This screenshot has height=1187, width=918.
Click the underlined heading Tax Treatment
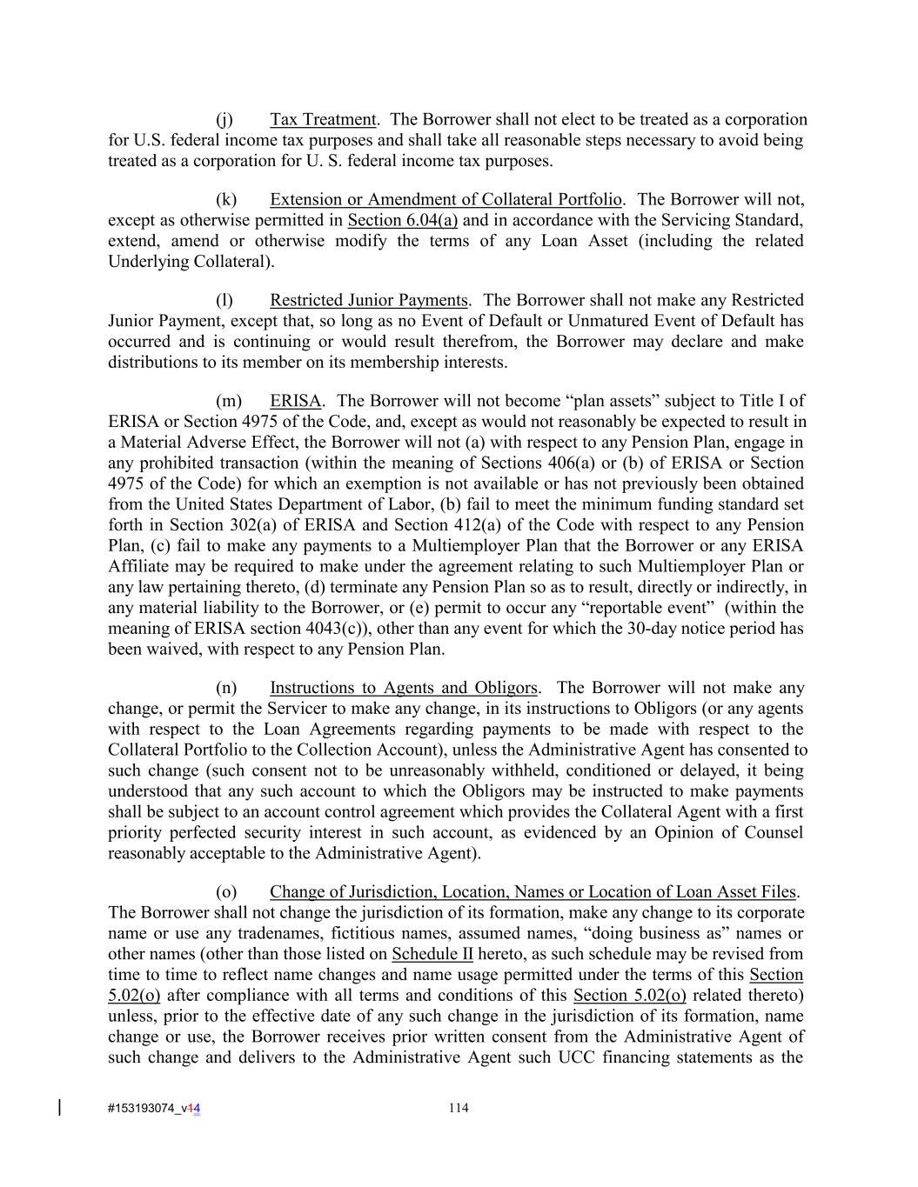[323, 119]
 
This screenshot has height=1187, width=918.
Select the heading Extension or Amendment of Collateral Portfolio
[446, 199]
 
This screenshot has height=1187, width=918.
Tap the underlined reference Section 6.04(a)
[402, 220]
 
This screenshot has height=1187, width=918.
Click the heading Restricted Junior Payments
[369, 300]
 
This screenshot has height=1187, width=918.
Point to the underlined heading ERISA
[295, 401]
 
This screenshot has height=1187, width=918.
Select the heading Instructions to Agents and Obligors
[404, 688]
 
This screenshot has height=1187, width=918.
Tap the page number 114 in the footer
[459, 1108]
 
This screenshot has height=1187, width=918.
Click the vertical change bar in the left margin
[59, 1107]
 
